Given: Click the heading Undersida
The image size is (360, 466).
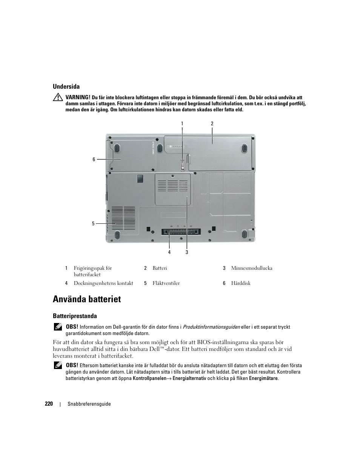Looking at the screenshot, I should point(66,86).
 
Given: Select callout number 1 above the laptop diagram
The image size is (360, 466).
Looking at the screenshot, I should point(182,123).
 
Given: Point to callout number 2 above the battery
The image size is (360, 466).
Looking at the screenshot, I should point(212,123).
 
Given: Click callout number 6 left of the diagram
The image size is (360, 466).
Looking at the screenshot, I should point(94,160).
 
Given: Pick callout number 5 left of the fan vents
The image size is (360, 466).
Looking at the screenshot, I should point(93,224).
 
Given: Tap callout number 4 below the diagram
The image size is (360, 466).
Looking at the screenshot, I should point(169,252).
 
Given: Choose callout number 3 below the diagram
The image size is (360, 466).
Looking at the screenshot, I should point(187,252).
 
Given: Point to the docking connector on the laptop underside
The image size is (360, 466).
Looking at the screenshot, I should point(181,231).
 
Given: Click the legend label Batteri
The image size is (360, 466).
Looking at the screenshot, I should point(160,268).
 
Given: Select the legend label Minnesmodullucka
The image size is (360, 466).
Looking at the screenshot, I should point(252,268).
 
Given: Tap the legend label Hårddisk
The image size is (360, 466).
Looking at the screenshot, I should point(241,283).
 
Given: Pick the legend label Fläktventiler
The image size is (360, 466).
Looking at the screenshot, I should point(166,283).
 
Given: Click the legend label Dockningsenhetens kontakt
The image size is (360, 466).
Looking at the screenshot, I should point(103,283).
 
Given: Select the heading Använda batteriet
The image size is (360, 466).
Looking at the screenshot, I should point(87,299).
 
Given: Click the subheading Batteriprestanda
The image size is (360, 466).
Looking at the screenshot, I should point(75,316).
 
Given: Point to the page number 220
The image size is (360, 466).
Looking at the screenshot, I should point(49,404).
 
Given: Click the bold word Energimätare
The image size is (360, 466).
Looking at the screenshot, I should point(263,378).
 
